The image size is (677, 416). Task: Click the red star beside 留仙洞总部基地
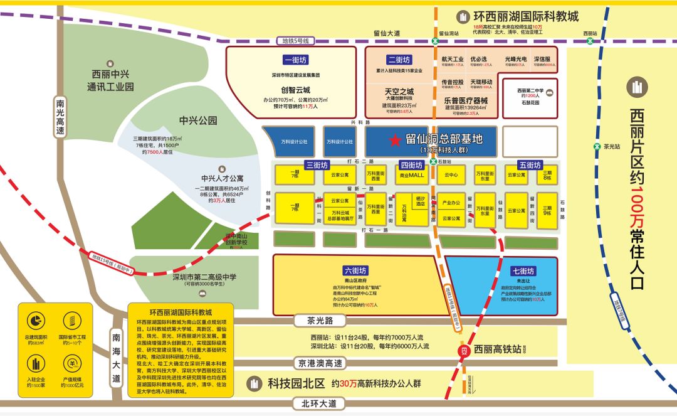(x=395, y=141)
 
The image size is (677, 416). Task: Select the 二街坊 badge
(x=399, y=60)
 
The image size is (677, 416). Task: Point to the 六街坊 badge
(x=355, y=270)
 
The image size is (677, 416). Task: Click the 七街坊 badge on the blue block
(x=522, y=271)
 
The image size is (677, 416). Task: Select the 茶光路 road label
(x=319, y=321)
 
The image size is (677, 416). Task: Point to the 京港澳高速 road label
(x=321, y=363)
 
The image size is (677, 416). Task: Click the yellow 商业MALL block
(x=412, y=175)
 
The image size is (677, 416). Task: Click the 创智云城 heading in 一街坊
(x=296, y=90)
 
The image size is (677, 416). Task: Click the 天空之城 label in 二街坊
(x=399, y=91)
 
